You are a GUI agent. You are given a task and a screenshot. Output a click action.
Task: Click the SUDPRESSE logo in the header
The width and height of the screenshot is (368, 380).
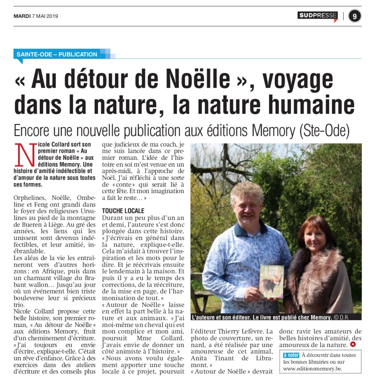tap(318, 16)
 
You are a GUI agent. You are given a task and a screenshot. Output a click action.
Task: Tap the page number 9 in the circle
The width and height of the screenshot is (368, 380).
tap(355, 16)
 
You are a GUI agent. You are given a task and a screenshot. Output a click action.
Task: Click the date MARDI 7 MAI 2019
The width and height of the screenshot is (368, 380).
tap(36, 16)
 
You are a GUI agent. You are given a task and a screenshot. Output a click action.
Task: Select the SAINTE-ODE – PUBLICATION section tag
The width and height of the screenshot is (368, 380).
tap(57, 54)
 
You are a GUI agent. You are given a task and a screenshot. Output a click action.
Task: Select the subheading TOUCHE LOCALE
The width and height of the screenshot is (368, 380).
tap(123, 211)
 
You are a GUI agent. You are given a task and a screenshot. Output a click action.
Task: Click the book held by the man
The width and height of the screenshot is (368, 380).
tap(271, 281)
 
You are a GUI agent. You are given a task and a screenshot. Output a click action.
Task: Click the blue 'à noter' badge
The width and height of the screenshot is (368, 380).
tap(292, 355)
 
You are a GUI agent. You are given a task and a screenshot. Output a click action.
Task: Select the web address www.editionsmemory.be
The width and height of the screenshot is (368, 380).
tap(313, 369)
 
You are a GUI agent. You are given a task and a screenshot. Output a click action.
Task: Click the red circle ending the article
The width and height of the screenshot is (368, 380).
tap(353, 344)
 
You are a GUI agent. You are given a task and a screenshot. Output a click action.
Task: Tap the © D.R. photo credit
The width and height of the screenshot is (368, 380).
tap(342, 317)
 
